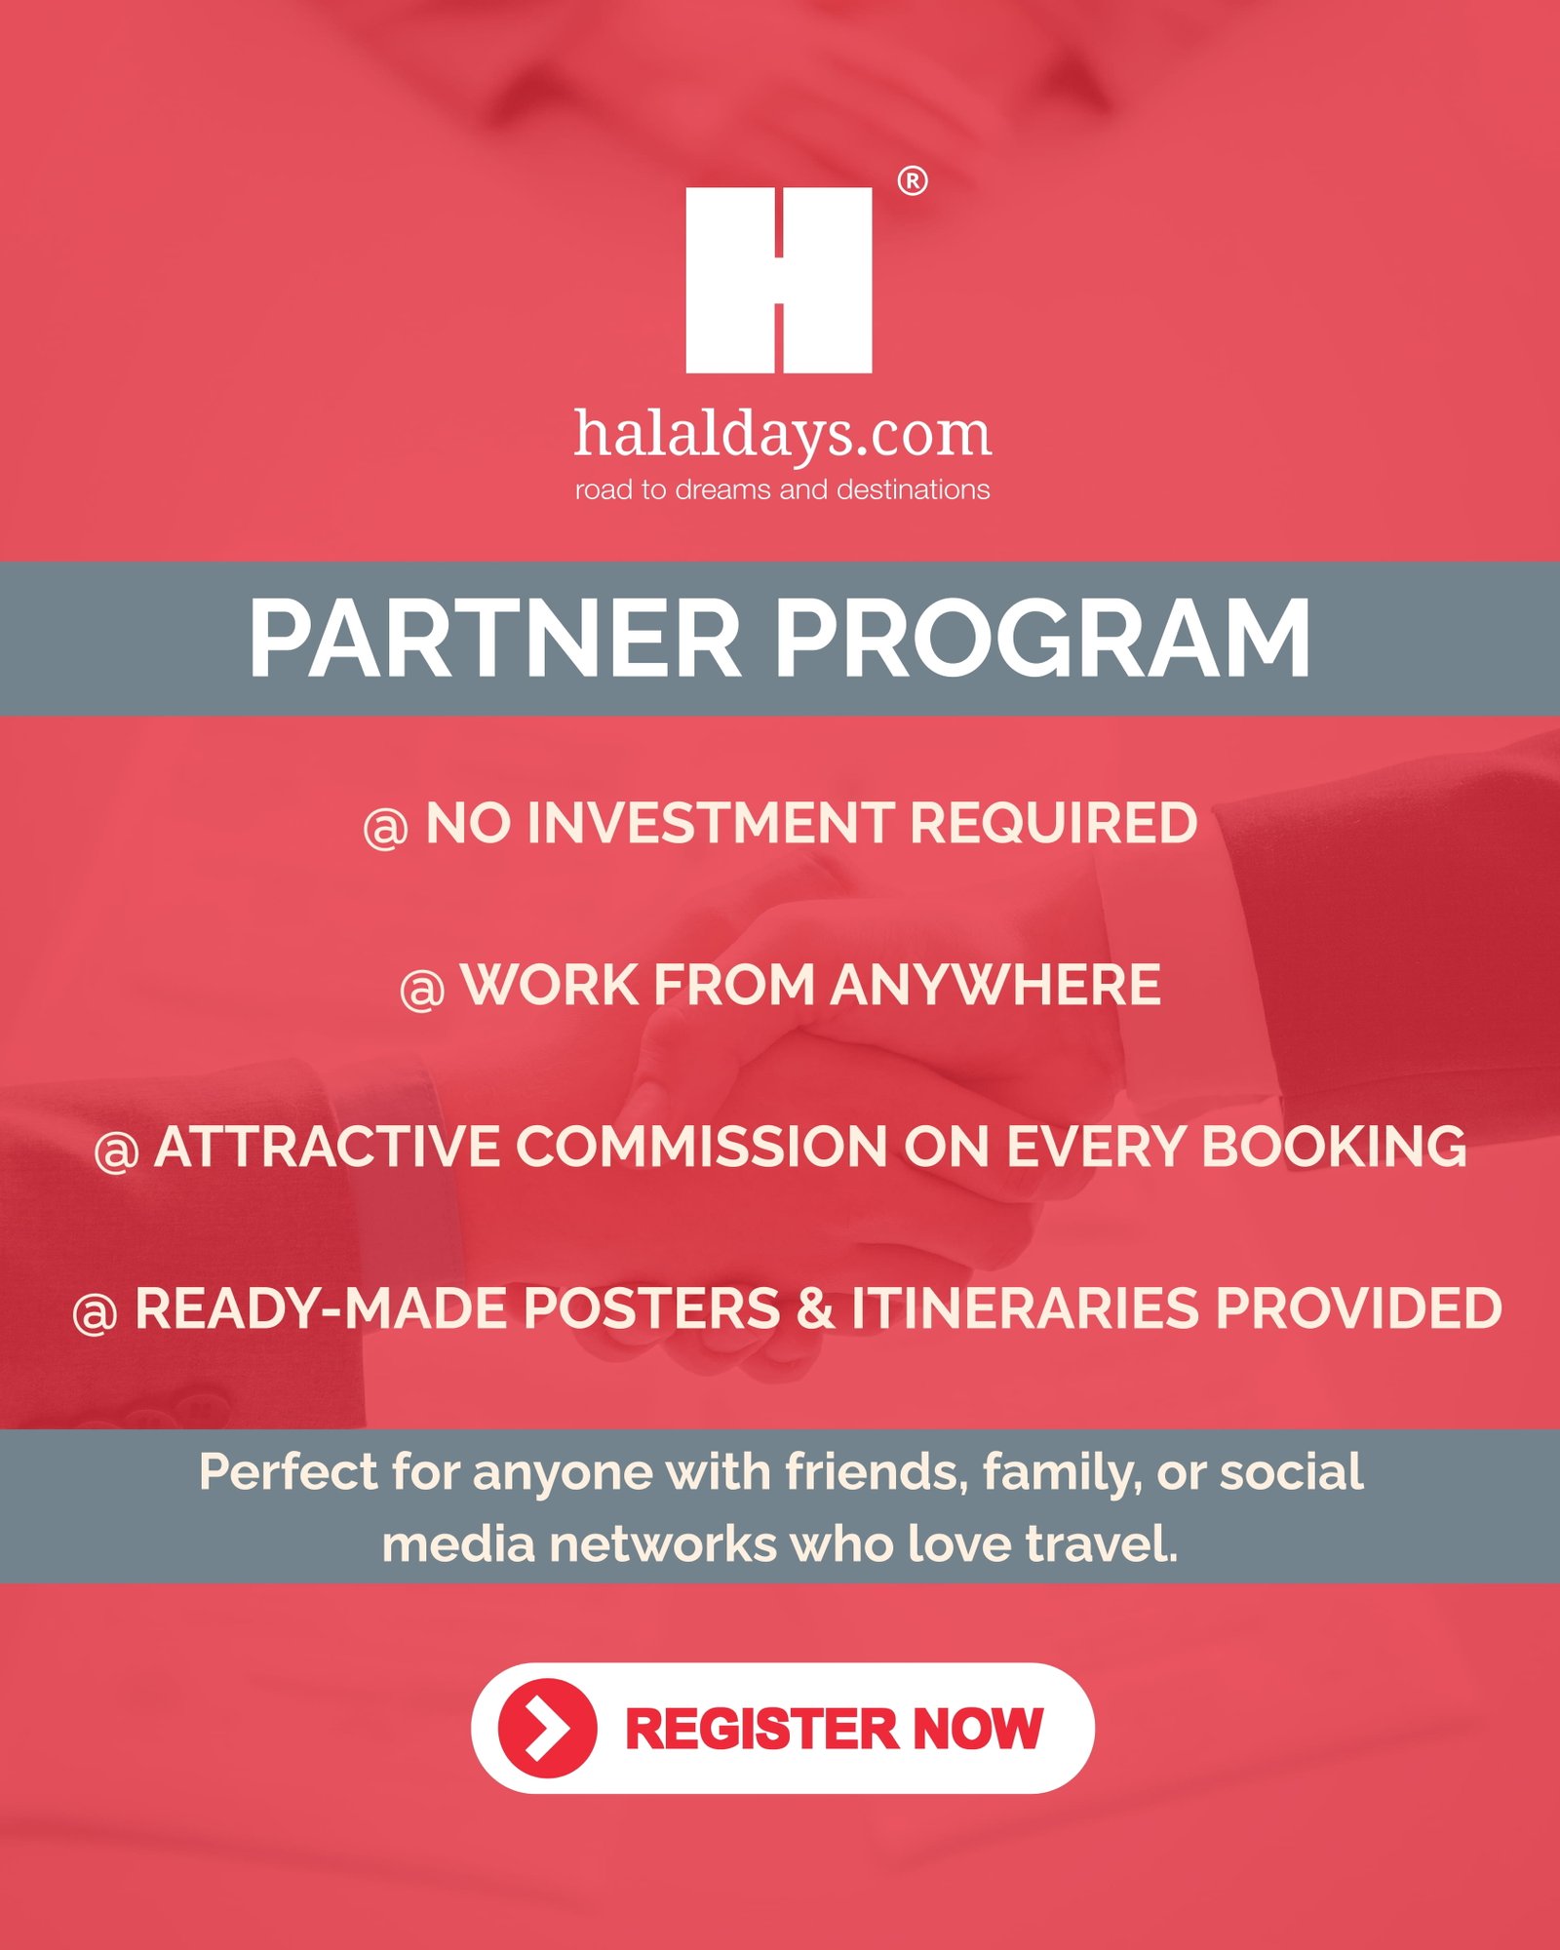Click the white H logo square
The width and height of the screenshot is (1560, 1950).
coord(778,280)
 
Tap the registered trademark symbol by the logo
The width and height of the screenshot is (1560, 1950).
coord(912,181)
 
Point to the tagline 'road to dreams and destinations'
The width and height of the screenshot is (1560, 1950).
coord(782,489)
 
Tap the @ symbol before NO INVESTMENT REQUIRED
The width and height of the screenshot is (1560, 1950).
coord(385,828)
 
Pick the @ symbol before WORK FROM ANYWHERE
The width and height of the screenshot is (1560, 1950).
coord(422,990)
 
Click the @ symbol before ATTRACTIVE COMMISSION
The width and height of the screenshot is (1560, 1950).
coord(116,1151)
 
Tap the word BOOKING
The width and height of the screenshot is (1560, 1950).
coord(1334,1147)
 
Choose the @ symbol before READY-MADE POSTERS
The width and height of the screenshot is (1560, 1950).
coord(95,1313)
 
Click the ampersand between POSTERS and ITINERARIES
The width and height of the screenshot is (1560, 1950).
coord(815,1308)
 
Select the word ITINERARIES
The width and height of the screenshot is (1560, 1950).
coord(1025,1308)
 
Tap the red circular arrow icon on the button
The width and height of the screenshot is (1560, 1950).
coord(547,1729)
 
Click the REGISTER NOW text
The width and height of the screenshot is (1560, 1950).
coord(834,1729)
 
